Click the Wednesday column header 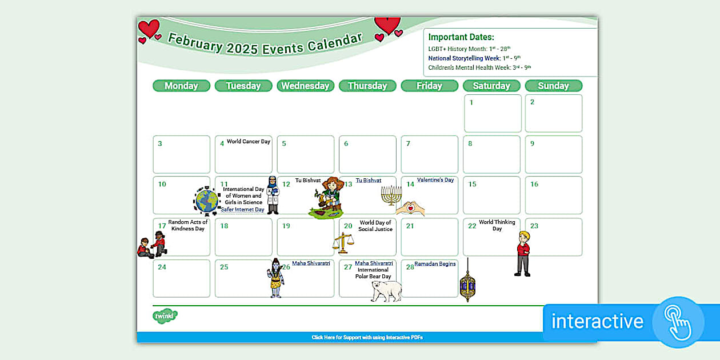(305, 86)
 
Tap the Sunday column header (553, 86)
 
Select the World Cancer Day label (248, 142)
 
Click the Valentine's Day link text (435, 180)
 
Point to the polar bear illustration (386, 290)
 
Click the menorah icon (391, 195)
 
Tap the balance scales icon (343, 243)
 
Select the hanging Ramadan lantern (467, 282)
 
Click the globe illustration (207, 201)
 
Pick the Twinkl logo (165, 316)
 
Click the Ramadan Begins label (435, 264)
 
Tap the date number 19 (286, 226)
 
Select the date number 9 (532, 143)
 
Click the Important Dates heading (461, 37)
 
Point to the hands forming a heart (410, 209)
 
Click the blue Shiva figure (277, 278)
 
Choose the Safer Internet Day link (243, 210)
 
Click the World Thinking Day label (497, 225)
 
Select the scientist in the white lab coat (273, 195)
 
